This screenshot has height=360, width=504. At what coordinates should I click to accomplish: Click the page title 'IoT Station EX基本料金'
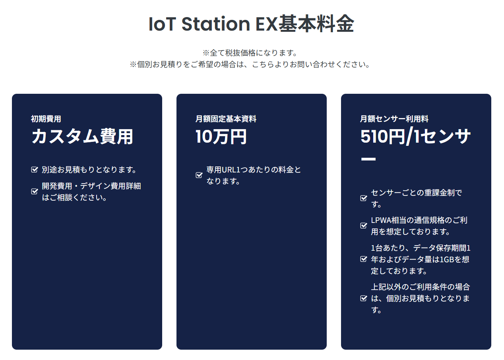point(251,24)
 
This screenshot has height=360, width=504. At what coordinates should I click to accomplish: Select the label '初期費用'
point(46,119)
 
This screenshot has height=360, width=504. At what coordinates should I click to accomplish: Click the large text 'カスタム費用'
point(82,136)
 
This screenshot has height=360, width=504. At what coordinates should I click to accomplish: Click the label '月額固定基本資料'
point(226,119)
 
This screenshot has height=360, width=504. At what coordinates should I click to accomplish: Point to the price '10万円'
point(221,136)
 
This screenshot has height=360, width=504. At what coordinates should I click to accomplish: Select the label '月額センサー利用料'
point(394,119)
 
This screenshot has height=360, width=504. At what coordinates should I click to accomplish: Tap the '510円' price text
point(382,136)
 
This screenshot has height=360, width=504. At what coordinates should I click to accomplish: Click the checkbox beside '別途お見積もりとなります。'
point(35,170)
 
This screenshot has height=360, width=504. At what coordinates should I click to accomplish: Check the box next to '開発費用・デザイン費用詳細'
point(35,192)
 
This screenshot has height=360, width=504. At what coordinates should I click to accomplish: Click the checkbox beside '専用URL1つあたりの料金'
point(199,175)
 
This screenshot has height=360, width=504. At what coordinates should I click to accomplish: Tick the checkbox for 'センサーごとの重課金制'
point(364,198)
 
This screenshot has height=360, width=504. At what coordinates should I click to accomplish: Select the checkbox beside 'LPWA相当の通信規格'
point(364,226)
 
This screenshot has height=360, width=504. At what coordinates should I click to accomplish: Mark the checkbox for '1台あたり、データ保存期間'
point(364,259)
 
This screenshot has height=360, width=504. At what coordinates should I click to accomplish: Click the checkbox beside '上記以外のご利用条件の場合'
point(364,298)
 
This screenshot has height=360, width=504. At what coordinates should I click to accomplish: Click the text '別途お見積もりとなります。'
point(89,170)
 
